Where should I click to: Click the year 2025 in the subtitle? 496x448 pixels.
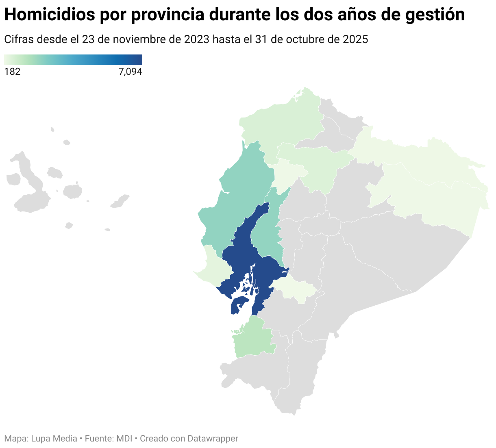355,39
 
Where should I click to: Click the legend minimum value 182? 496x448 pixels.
12,72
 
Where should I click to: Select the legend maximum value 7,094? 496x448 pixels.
130,72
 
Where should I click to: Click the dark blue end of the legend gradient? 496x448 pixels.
138,60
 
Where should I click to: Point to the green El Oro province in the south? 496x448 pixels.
254,337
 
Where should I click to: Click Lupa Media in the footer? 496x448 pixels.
54,439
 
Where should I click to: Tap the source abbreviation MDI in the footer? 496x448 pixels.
124,439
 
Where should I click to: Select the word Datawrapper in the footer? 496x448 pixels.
213,439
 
